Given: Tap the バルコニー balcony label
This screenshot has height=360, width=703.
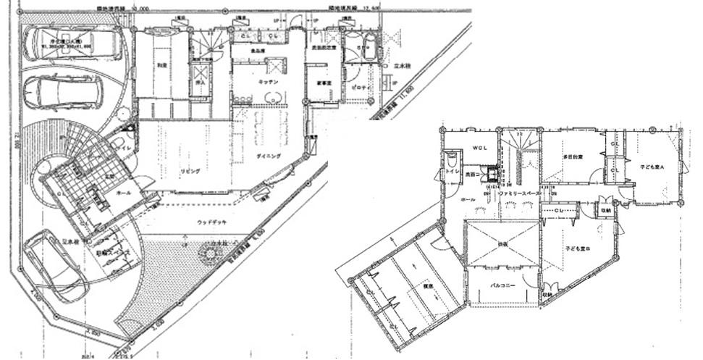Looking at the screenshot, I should pos(501,285).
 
